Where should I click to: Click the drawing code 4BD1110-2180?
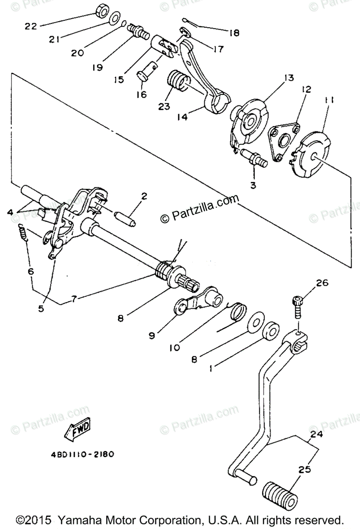[x=82, y=453]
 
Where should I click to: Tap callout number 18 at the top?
[x=234, y=33]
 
